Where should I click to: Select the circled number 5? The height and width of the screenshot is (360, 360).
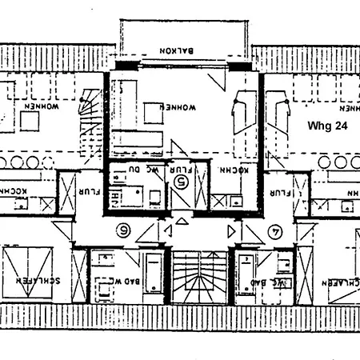(180, 182)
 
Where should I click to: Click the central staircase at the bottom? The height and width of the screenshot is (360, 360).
(194, 277)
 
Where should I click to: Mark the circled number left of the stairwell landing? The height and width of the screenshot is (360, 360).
(125, 230)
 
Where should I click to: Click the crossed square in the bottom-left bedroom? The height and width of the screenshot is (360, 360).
(29, 272)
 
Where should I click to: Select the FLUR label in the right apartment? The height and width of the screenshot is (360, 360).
(279, 193)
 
